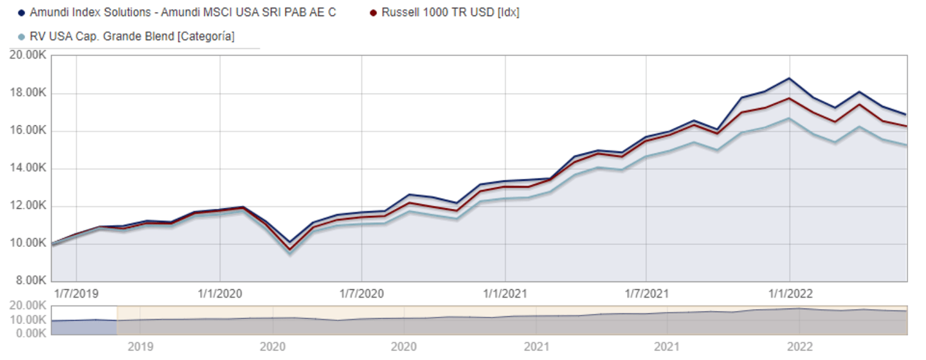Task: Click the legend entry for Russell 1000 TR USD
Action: coord(449,13)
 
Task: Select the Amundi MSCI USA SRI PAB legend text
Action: coord(183,13)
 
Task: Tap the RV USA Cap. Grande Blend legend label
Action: coord(132,37)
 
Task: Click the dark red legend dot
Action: coord(374,13)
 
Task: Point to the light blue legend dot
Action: coord(22,37)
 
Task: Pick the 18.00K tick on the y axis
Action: coord(28,93)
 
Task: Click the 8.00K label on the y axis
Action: coord(30,281)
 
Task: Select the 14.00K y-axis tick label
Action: coord(28,168)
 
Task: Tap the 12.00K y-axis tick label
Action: coord(28,206)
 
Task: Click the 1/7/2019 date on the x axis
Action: coord(76,294)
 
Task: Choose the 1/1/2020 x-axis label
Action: coord(220,294)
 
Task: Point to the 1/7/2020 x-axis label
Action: coord(361,294)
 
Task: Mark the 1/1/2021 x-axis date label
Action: coord(505,294)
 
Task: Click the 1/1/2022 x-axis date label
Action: coord(790,294)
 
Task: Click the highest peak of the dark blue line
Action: coord(789,78)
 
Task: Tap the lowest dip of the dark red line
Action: coord(290,249)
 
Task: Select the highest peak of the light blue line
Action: coord(789,118)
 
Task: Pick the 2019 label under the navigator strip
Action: coord(140,347)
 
